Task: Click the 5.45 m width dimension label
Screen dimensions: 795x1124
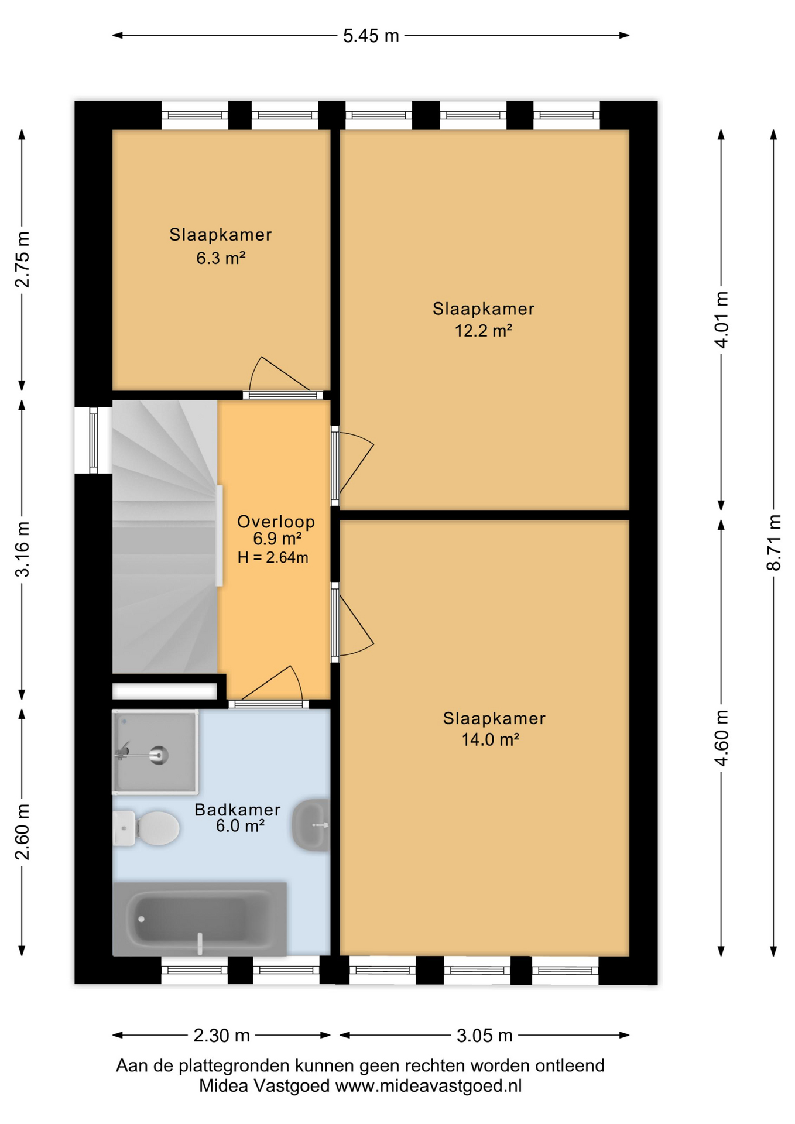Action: pyautogui.click(x=371, y=36)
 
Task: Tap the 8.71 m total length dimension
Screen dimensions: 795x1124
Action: pyautogui.click(x=773, y=542)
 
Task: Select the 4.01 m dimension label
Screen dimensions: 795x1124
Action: pyautogui.click(x=721, y=320)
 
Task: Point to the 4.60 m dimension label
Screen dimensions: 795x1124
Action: pyautogui.click(x=721, y=738)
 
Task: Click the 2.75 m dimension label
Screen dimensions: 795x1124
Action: pyautogui.click(x=22, y=259)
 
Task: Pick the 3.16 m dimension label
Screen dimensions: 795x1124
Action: pyautogui.click(x=22, y=549)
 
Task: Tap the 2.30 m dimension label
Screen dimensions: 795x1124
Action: pyautogui.click(x=221, y=1035)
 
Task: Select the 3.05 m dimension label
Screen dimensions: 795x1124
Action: pyautogui.click(x=484, y=1035)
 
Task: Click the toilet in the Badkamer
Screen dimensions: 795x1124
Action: pyautogui.click(x=146, y=828)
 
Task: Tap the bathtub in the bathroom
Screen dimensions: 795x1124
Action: pyautogui.click(x=200, y=919)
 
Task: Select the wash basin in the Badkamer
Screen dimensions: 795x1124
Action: pyautogui.click(x=311, y=825)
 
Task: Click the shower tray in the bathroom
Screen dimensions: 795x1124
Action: pyautogui.click(x=155, y=752)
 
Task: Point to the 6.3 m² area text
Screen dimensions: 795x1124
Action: pyautogui.click(x=221, y=258)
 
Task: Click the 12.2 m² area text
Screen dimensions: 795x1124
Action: pyautogui.click(x=484, y=331)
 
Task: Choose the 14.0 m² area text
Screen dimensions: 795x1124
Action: pyautogui.click(x=491, y=740)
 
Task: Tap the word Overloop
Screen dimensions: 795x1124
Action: pyautogui.click(x=276, y=522)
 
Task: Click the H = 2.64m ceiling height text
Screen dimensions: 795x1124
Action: pyautogui.click(x=273, y=557)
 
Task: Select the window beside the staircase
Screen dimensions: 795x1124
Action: pyautogui.click(x=93, y=440)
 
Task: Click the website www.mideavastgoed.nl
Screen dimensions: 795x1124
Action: pyautogui.click(x=428, y=1086)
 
